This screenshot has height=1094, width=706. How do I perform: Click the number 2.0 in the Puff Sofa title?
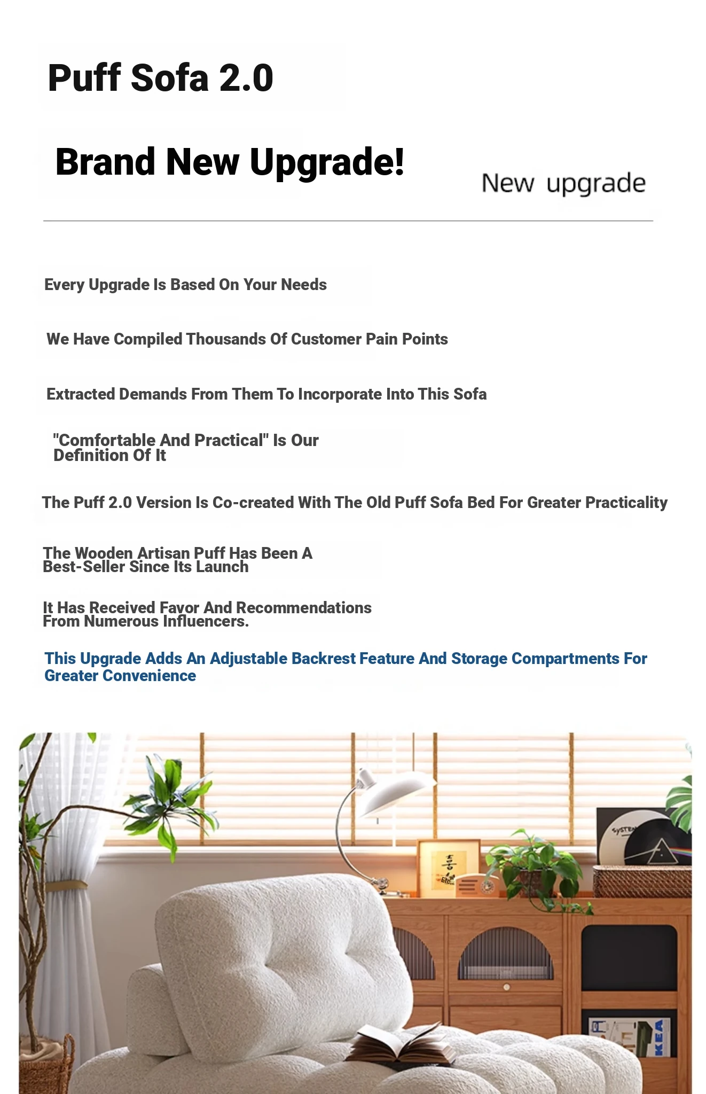coord(246,78)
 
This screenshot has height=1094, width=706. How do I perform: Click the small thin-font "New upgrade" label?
coord(563,184)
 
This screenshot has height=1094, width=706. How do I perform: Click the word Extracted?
coord(81,394)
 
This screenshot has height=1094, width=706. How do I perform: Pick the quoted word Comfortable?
coord(108,440)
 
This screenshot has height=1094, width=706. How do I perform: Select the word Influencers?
coord(206,621)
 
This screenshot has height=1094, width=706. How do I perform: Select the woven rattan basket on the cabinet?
coord(641,881)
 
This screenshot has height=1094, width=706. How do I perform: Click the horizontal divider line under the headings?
coord(348,221)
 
